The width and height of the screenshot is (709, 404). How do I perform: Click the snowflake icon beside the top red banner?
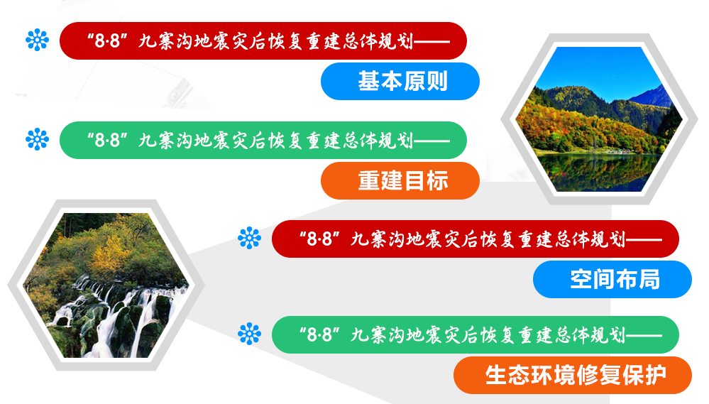37,40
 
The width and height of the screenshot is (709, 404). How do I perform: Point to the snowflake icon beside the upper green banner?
37,139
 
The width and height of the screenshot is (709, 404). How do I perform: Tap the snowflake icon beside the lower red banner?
249,238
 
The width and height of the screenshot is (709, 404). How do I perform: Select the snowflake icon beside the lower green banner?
249,334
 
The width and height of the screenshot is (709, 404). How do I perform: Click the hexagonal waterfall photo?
106,285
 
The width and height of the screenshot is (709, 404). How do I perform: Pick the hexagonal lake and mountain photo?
599,119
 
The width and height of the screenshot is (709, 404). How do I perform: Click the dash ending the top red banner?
432,42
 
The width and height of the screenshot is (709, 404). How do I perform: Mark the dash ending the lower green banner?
644,336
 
